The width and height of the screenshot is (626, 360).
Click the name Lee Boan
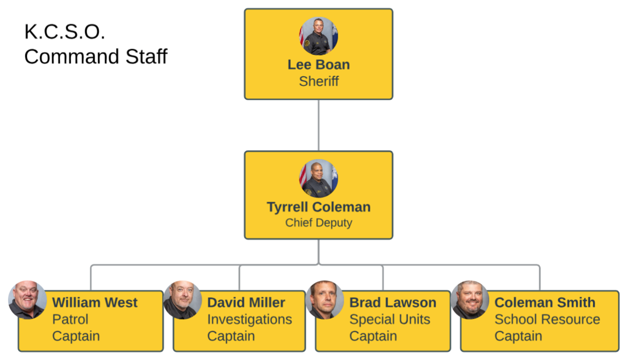319,65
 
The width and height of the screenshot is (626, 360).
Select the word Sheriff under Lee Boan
319,81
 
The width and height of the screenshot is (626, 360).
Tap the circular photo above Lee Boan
319,36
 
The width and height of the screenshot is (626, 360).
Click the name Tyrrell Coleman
319,207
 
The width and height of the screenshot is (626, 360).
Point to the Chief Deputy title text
319,223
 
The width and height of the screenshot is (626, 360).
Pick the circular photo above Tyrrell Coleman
319,178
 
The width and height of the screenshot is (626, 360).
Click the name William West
95,303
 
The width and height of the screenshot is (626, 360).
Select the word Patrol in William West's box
70,320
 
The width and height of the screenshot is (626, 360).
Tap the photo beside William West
28,300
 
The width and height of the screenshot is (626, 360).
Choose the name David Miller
246,303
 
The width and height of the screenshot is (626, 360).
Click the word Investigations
249,320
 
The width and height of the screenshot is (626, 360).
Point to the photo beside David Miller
183,300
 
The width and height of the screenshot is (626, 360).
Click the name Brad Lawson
393,303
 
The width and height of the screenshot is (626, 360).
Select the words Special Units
390,320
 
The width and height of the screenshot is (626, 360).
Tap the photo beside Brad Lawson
325,300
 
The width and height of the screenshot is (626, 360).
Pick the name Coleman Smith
545,303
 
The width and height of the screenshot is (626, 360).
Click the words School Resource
547,320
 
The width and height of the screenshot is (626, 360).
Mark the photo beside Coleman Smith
470,300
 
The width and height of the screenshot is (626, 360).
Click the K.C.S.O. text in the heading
65,32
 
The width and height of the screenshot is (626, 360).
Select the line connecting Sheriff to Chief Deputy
319,125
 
